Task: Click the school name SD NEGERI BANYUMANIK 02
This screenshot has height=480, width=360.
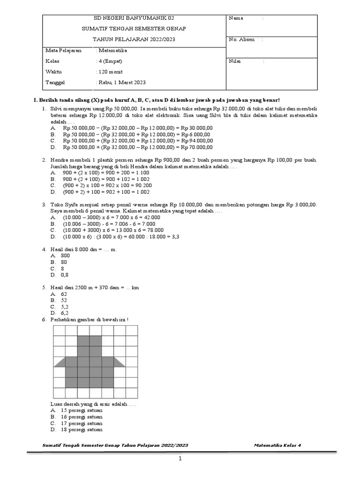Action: point(134,18)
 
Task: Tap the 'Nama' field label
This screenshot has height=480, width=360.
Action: point(236,18)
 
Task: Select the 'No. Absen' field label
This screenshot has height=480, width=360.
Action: point(241,39)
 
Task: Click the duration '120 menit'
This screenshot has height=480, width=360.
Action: point(108,72)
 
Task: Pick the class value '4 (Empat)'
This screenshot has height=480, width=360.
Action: point(110,61)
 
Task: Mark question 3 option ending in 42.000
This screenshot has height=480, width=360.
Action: point(113,217)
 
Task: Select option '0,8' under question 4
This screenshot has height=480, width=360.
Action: point(64,275)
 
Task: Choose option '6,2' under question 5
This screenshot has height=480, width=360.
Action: point(65,312)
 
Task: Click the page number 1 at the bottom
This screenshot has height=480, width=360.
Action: point(180,459)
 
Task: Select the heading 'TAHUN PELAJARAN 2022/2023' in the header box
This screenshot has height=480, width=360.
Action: point(134,39)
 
